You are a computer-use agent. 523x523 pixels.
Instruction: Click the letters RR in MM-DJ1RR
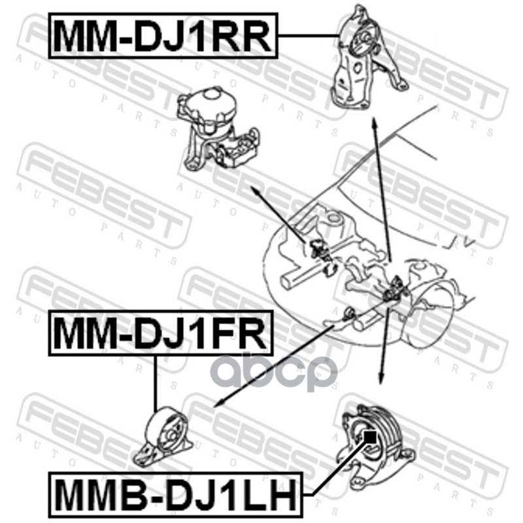click(x=245, y=35)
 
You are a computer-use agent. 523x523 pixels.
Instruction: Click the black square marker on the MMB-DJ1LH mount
click(x=370, y=435)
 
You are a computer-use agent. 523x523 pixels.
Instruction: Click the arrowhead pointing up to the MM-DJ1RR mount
click(x=375, y=124)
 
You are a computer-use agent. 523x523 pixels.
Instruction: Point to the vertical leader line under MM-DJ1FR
click(x=156, y=382)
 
